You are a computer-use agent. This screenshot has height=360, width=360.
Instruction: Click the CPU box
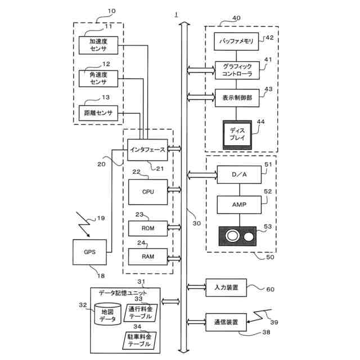coord(148,192)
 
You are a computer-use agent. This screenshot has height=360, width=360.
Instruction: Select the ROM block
coord(148,228)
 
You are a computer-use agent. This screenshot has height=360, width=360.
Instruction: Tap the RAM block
coord(148,256)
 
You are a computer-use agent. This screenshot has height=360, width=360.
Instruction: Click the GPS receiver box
coord(90,252)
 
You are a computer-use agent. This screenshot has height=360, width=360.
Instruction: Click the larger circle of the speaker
coord(233,236)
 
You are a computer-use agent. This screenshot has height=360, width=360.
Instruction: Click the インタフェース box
coord(147,150)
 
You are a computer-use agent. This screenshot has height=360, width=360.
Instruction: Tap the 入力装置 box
coord(226,287)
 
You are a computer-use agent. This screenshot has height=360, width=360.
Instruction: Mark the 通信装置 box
coord(226,323)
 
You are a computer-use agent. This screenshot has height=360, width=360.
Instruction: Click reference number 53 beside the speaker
coord(268,227)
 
